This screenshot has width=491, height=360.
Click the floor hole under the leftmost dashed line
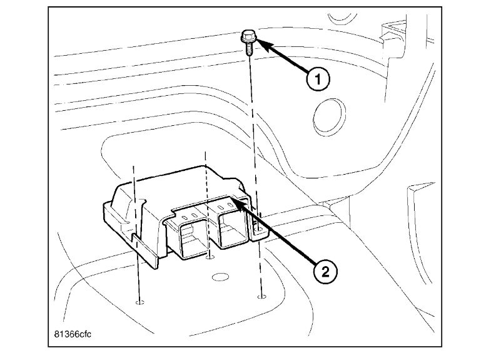pyautogui.click(x=139, y=303)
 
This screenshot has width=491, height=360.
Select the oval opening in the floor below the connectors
pyautogui.click(x=218, y=276)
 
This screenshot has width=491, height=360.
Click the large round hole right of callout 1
pyautogui.click(x=326, y=116)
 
